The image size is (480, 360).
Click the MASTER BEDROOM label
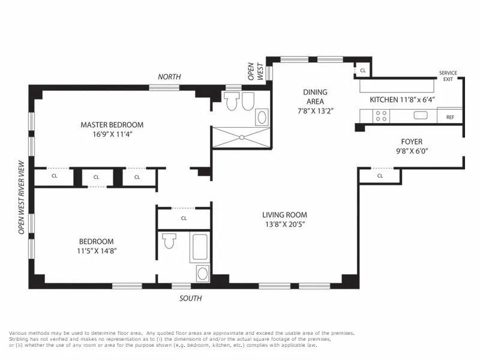tap(112, 125)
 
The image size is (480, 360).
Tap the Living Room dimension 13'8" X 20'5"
tap(284, 224)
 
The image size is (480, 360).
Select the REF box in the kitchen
tap(449, 117)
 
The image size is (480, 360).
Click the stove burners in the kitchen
tap(380, 115)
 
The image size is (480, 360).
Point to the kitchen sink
tap(419, 115)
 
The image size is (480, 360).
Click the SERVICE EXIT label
tap(448, 76)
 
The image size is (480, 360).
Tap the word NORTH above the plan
tap(169, 77)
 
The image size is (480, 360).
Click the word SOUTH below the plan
tap(191, 298)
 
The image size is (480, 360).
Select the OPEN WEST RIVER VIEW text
tap(22, 197)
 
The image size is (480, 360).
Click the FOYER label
tap(412, 142)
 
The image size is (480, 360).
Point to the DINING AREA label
tap(315, 97)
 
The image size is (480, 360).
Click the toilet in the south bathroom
tap(169, 241)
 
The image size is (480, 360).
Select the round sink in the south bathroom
tap(203, 274)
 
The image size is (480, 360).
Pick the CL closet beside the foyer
tap(380, 176)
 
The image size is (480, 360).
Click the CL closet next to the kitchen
tap(362, 71)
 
